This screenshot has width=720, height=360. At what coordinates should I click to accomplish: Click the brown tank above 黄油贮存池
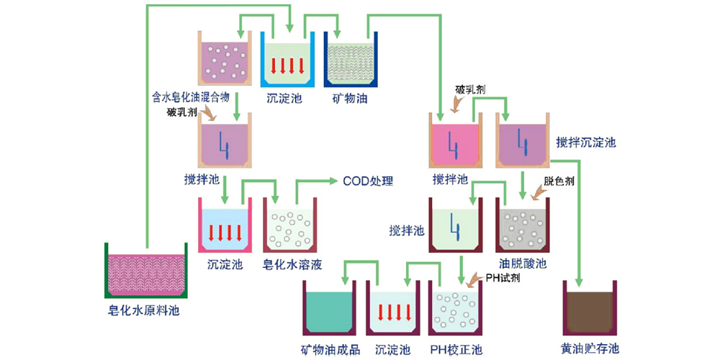590,308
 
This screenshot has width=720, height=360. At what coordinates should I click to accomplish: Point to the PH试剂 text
496,277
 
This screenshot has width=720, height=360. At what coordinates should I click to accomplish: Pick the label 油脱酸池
523,264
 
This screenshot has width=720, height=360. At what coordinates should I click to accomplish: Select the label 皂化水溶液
292,264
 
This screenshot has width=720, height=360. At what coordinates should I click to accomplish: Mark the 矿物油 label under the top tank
350,97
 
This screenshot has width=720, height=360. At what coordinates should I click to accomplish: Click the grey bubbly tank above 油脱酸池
523,225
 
